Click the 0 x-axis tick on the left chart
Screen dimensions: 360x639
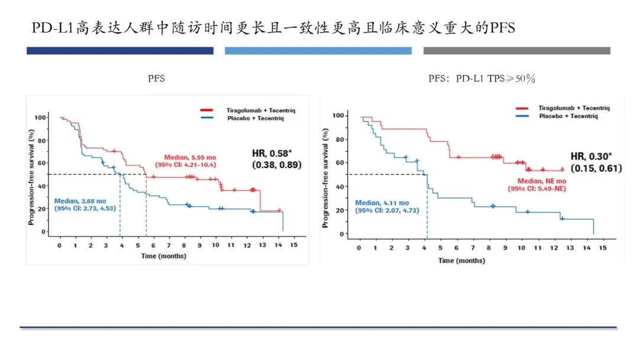59,245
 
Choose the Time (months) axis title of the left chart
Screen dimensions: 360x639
163,256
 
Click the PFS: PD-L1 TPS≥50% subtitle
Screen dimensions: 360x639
482,79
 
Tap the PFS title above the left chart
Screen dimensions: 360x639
157,79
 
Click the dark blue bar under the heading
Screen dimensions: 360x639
120,51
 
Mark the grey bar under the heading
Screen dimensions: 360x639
517,51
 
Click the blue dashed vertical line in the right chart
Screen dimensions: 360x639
427,204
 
